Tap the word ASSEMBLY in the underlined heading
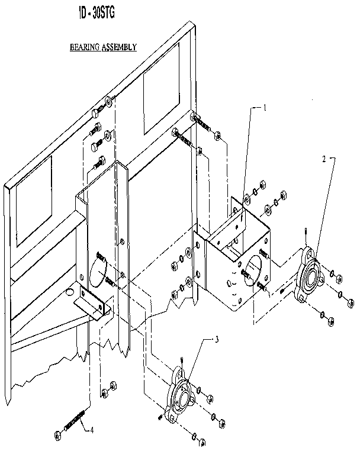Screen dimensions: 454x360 [x=119, y=46]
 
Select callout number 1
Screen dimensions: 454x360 [x=265, y=108]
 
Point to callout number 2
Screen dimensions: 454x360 [x=324, y=159]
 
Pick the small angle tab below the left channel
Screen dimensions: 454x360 [x=91, y=304]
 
